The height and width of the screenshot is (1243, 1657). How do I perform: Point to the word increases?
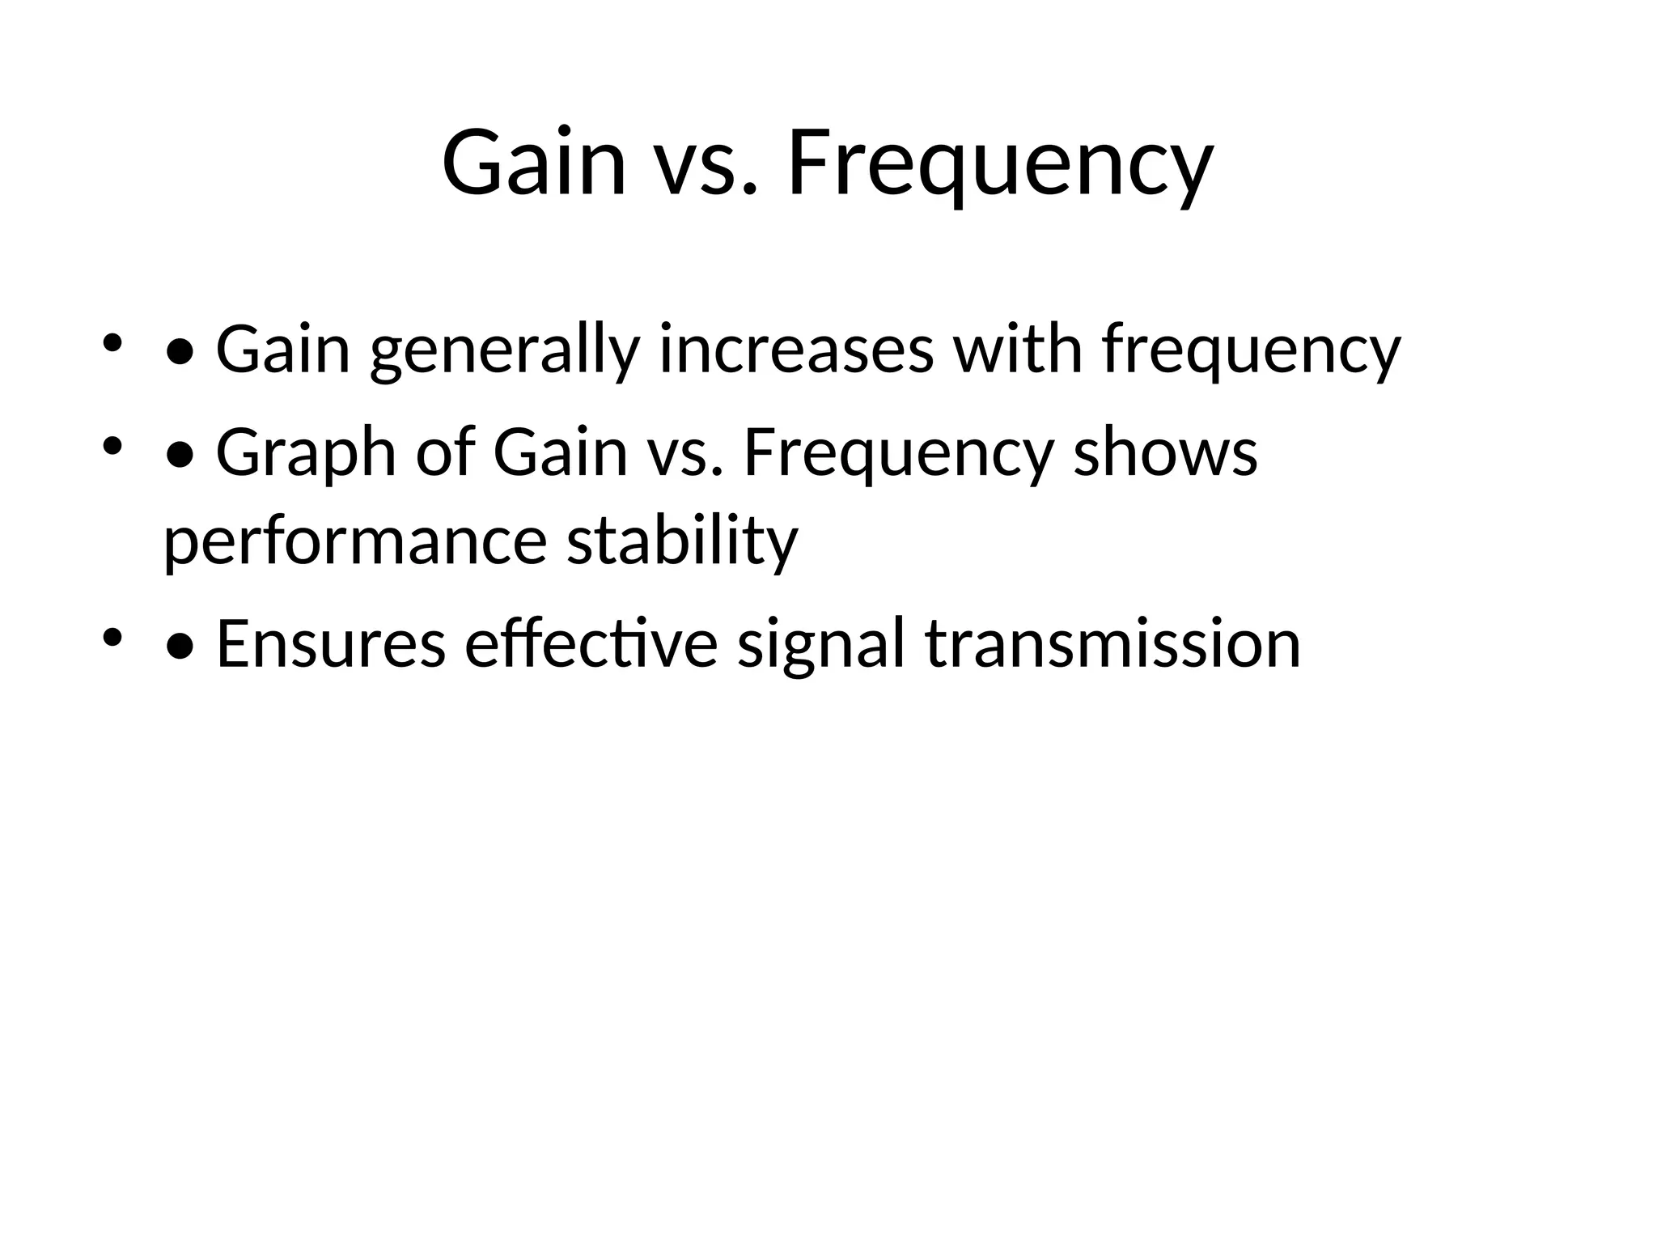pyautogui.click(x=796, y=350)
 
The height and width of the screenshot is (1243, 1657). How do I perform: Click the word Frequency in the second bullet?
pyautogui.click(x=899, y=455)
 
